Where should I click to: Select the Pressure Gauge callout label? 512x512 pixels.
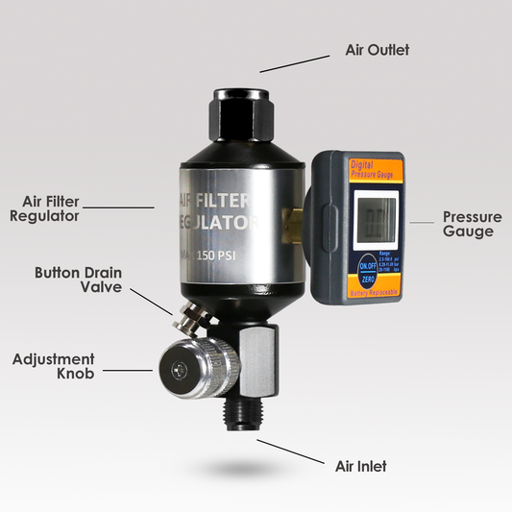click(468, 224)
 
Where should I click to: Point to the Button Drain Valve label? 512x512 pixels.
click(78, 280)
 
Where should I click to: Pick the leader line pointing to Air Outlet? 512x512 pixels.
click(294, 61)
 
